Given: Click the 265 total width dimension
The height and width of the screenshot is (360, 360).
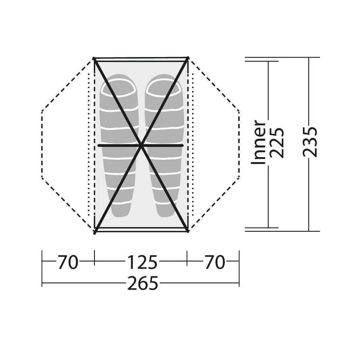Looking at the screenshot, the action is click(x=143, y=283).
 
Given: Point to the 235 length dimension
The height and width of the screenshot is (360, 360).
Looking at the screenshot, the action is click(x=310, y=142).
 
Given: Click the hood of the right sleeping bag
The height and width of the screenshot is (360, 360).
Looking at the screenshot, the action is click(x=164, y=88).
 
